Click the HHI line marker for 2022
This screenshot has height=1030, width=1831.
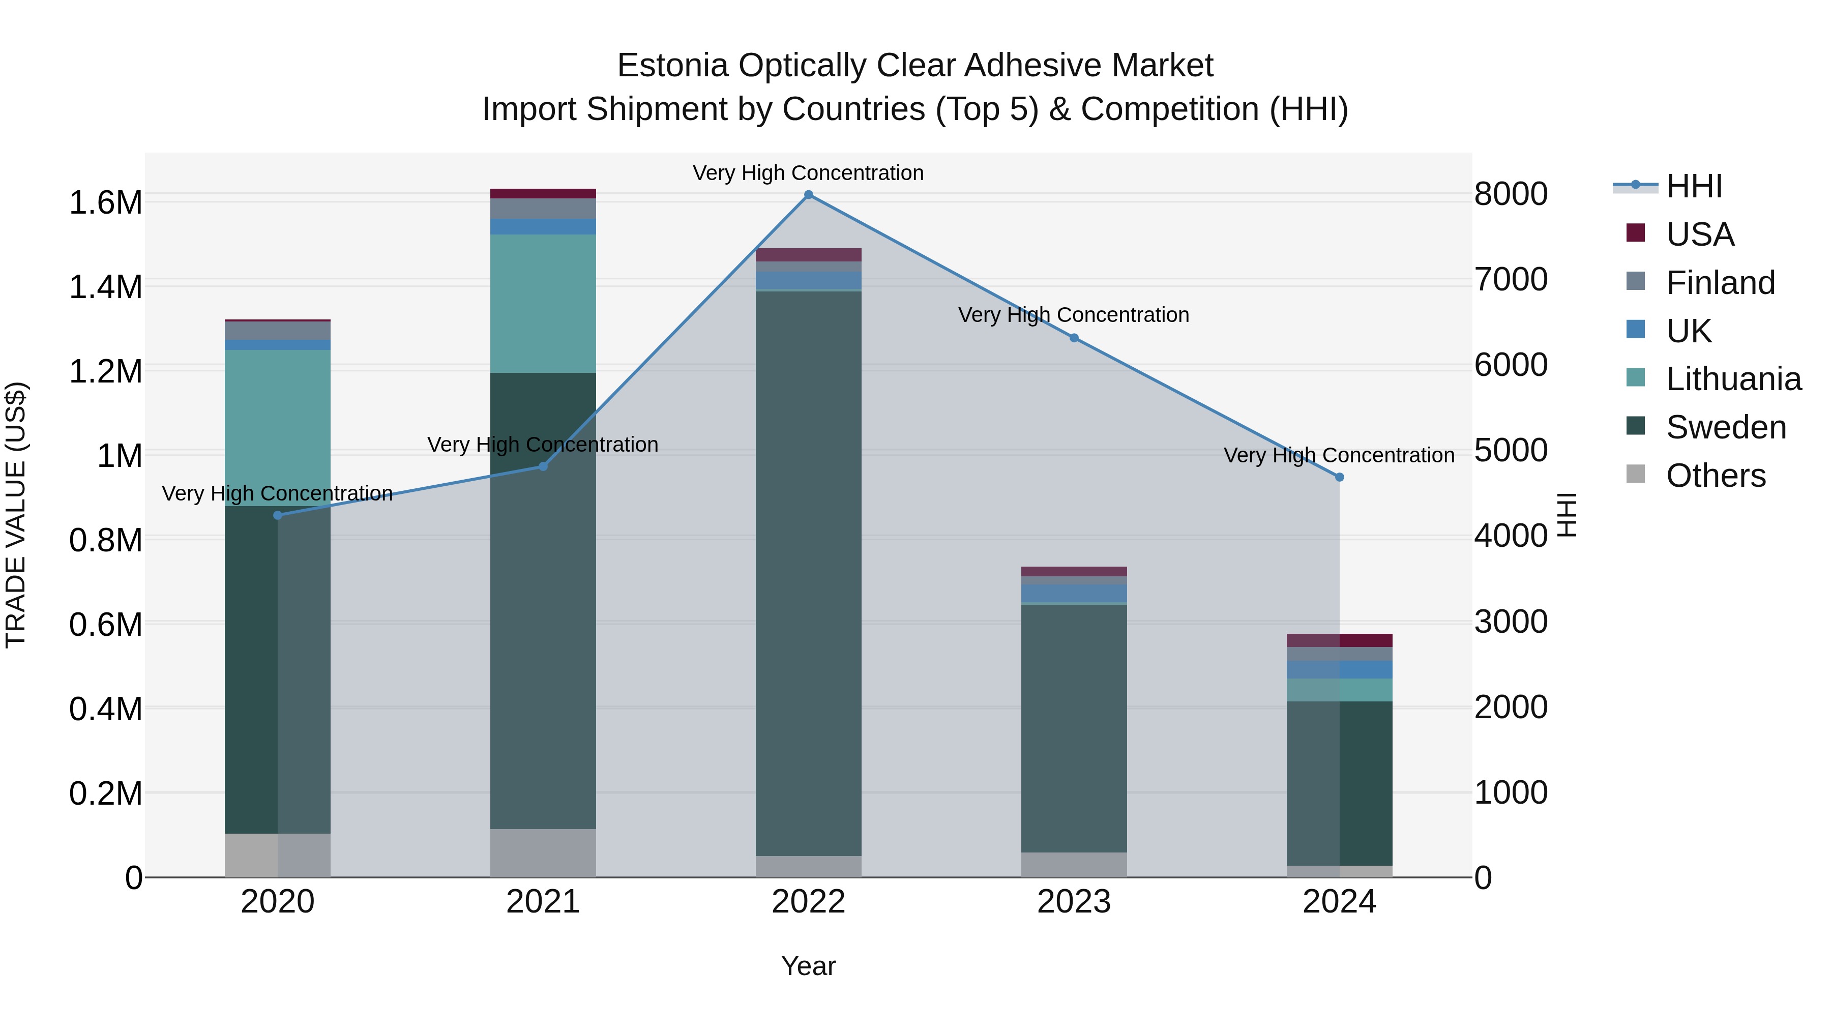pos(808,195)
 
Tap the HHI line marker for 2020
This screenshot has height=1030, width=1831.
pos(277,515)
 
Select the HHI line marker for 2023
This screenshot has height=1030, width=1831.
pos(1074,338)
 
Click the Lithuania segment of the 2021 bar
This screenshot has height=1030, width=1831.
pos(543,304)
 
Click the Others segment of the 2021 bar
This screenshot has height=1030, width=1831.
pos(543,852)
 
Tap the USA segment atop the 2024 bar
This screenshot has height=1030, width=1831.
pos(1339,640)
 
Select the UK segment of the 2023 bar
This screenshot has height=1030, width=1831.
pos(1074,593)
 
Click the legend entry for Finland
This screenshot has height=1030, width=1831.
pos(1720,283)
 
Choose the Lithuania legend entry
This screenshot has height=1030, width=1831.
pos(1733,379)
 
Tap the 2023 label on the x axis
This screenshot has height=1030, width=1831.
pos(1074,902)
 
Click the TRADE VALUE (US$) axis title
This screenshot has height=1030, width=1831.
pos(16,515)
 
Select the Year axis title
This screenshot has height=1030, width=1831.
pos(808,966)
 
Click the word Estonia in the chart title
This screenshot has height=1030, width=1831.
pos(672,66)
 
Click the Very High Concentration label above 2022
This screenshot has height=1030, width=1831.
pos(808,173)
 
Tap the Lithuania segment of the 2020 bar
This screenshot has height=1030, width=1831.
pos(277,427)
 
